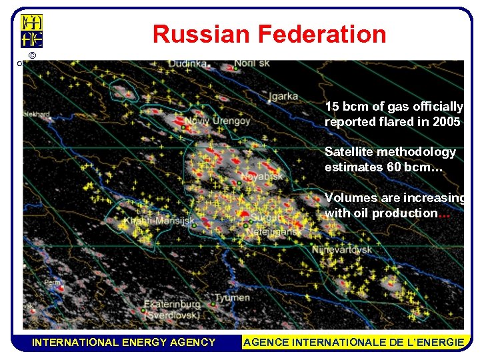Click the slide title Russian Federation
269,34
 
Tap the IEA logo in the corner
32,31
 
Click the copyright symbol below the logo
32,55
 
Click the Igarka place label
283,96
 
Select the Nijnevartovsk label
343,250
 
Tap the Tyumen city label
233,297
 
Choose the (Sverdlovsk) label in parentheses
171,315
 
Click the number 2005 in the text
445,122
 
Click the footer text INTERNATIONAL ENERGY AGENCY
124,342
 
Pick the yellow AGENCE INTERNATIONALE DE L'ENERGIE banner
354,342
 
